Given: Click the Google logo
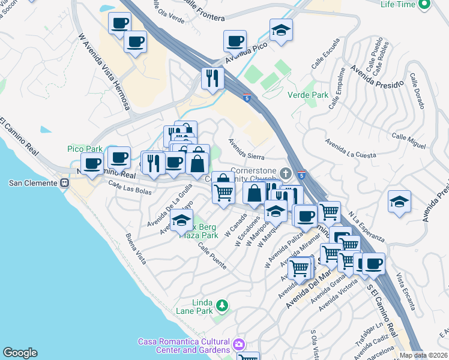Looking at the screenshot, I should [20, 353].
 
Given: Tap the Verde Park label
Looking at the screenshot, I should [308, 95].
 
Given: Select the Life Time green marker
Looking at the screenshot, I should [424, 5].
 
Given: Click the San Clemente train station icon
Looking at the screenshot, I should [65, 183].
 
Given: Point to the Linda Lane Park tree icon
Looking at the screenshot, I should [222, 306].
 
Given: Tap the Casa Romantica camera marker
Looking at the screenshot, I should [239, 345].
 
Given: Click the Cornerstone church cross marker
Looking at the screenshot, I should [287, 174].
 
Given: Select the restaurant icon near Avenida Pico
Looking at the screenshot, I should [212, 78].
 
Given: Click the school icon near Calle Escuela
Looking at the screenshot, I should [281, 31].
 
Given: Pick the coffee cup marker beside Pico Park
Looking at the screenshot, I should [92, 164].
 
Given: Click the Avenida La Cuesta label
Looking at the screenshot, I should [351, 149].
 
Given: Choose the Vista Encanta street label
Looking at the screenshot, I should [406, 292].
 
